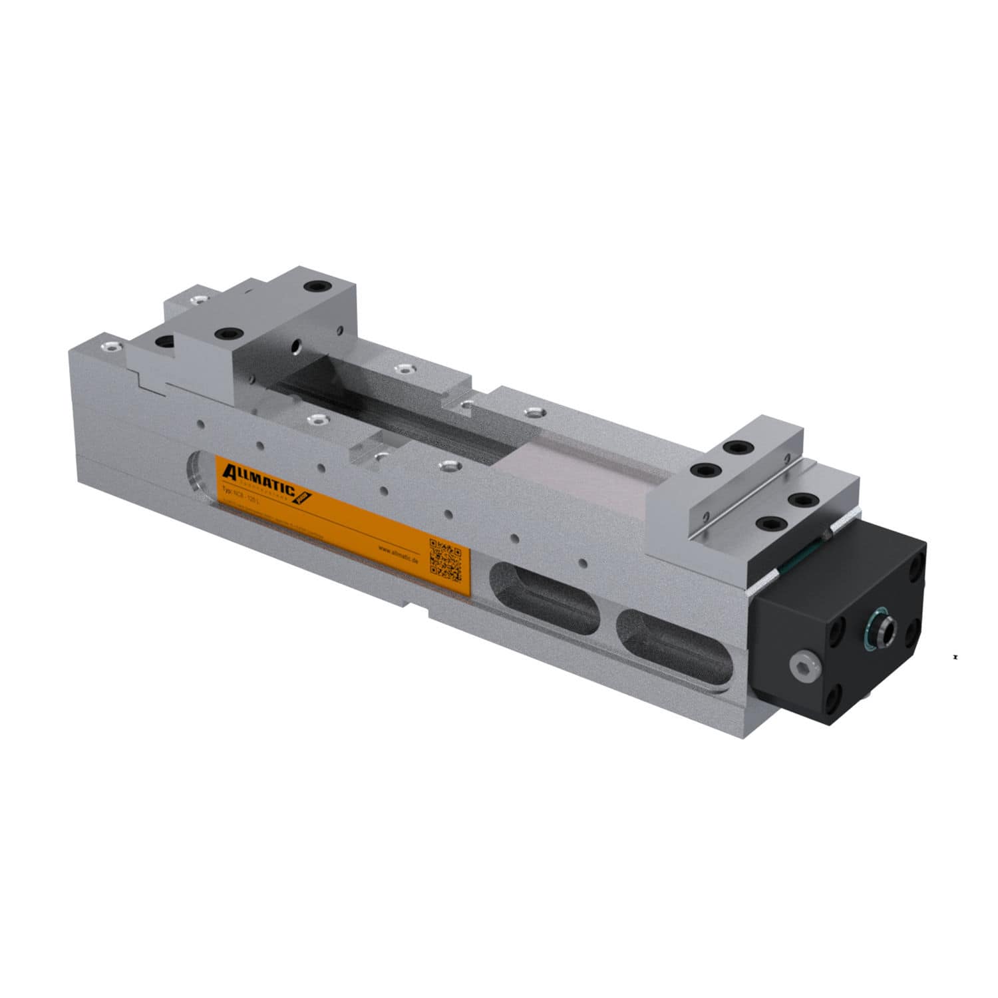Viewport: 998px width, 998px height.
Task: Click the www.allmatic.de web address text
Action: [397, 552]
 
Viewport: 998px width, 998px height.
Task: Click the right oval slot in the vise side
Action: [673, 646]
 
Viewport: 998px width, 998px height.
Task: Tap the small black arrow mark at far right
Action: [955, 657]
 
